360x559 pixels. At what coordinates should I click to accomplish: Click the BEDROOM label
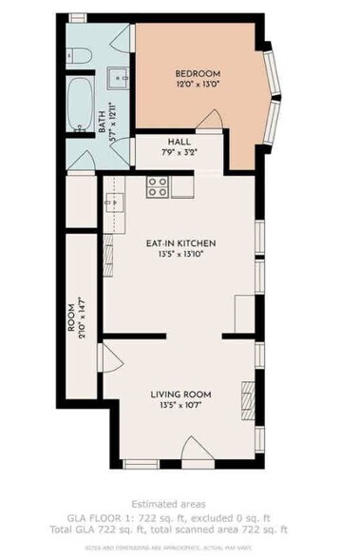pyautogui.click(x=197, y=73)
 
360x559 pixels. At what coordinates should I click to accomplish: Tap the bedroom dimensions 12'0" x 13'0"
pyautogui.click(x=197, y=85)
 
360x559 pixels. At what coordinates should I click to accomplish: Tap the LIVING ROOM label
pyautogui.click(x=180, y=393)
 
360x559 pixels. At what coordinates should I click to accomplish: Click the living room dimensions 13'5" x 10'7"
pyautogui.click(x=180, y=404)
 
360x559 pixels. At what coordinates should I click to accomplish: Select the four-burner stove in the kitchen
pyautogui.click(x=158, y=188)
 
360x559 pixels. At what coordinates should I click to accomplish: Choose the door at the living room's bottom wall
pyautogui.click(x=140, y=462)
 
